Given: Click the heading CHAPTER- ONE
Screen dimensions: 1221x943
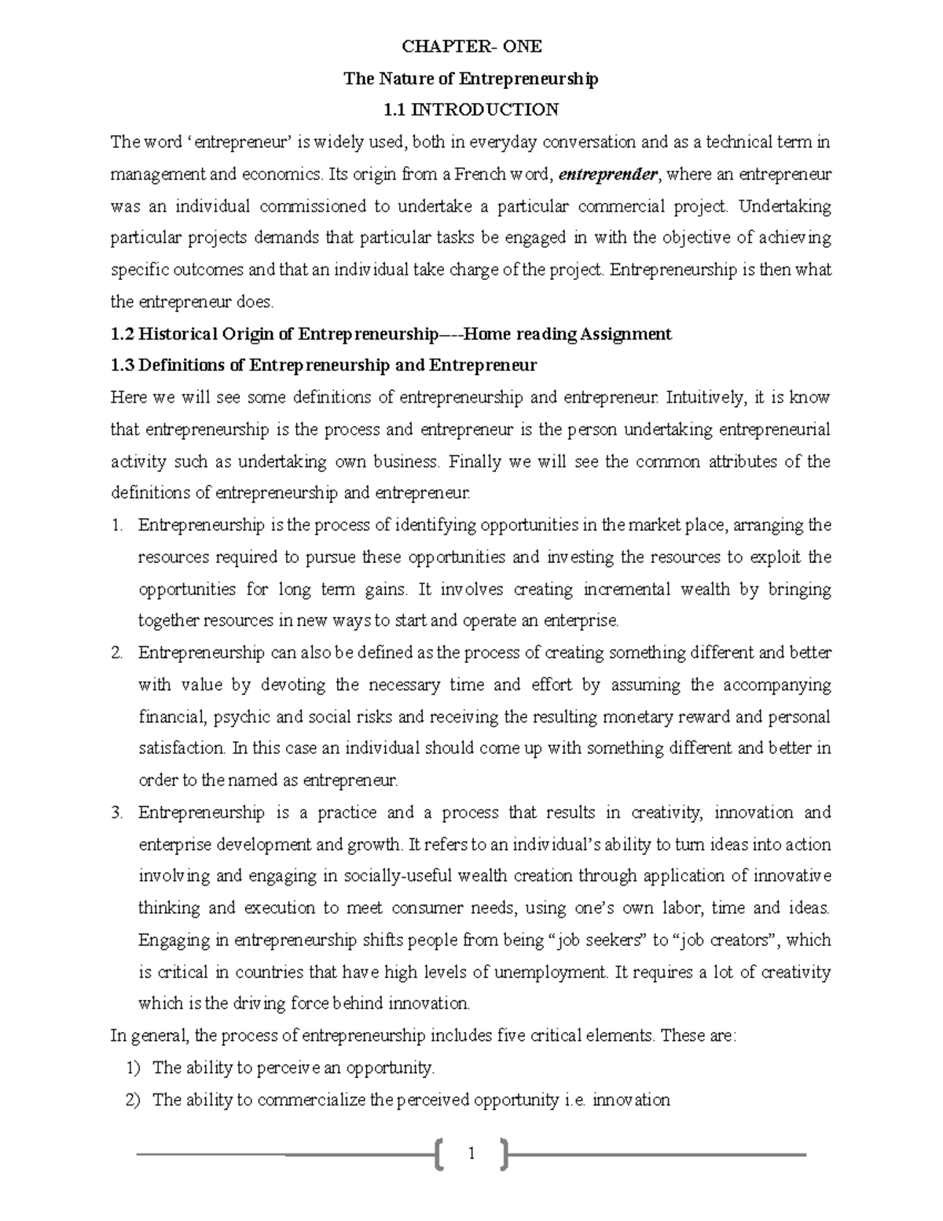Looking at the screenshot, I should click(472, 46).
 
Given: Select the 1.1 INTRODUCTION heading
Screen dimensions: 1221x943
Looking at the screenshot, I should click(472, 110).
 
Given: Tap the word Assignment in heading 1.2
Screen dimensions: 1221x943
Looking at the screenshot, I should click(626, 334).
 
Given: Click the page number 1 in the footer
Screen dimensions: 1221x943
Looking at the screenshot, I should click(472, 1154).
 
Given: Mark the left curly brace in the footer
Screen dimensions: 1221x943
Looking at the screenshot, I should click(439, 1154).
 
